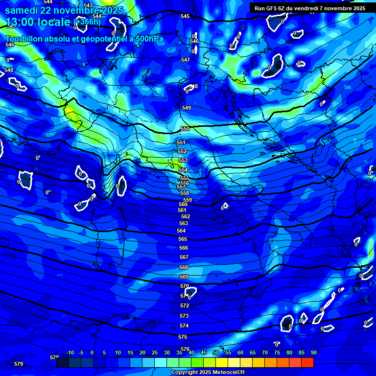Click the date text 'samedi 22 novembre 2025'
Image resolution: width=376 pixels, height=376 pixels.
64,10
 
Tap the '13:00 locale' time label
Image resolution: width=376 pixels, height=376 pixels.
38,22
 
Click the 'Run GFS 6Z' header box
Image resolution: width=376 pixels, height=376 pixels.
310,8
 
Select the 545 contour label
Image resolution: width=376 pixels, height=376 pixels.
185,16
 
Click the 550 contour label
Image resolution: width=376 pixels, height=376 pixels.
185,129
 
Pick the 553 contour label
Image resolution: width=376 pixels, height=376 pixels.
183,160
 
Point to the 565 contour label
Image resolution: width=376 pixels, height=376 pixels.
183,239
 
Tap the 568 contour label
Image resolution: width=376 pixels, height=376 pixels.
184,267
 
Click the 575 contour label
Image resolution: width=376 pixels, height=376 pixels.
183,337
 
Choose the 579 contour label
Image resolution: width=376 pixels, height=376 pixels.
19,364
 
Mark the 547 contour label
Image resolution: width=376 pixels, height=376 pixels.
186,60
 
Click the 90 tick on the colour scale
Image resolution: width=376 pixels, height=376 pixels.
313,352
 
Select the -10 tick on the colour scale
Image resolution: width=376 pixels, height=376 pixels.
70,352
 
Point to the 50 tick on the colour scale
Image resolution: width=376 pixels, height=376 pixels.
216,352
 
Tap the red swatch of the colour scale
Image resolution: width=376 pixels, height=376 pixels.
307,363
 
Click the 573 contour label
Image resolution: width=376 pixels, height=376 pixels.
184,316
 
